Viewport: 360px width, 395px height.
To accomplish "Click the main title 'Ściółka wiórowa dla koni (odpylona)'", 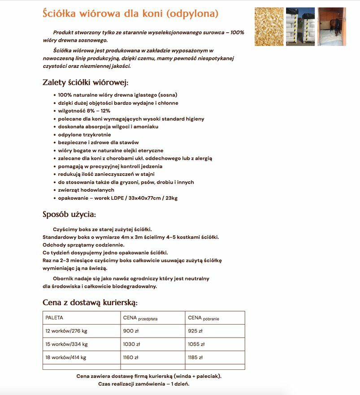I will (x=130, y=13).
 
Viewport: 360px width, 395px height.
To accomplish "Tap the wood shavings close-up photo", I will (x=269, y=26).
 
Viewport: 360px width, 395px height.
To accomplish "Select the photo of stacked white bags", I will (x=300, y=26).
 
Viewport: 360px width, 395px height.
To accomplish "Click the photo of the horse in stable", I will (x=332, y=26).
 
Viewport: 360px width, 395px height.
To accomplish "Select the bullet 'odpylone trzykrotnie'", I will (x=84, y=135).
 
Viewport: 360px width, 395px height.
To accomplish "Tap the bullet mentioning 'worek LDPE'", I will (x=118, y=198).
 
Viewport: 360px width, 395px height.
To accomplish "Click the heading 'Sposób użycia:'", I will (x=69, y=214).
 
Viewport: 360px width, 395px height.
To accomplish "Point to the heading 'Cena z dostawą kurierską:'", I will (x=90, y=302).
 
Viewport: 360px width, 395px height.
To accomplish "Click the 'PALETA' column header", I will (x=54, y=318).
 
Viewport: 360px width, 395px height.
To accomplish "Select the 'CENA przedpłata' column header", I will (x=140, y=318).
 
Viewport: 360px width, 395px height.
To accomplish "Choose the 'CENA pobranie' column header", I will (x=204, y=318).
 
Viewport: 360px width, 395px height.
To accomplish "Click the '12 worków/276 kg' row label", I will (x=66, y=331).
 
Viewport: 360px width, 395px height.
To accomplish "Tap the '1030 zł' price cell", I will (x=131, y=344).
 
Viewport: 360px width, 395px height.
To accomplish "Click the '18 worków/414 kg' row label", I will (x=66, y=358).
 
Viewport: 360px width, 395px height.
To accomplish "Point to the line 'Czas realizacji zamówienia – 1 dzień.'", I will (x=143, y=384).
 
